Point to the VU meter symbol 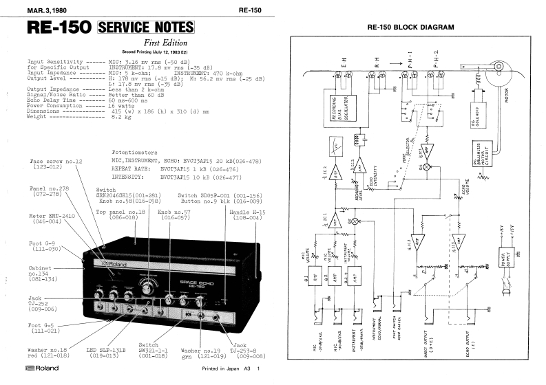click(x=336, y=146)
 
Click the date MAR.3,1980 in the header click(x=34, y=9)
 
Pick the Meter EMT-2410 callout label click(x=51, y=219)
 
